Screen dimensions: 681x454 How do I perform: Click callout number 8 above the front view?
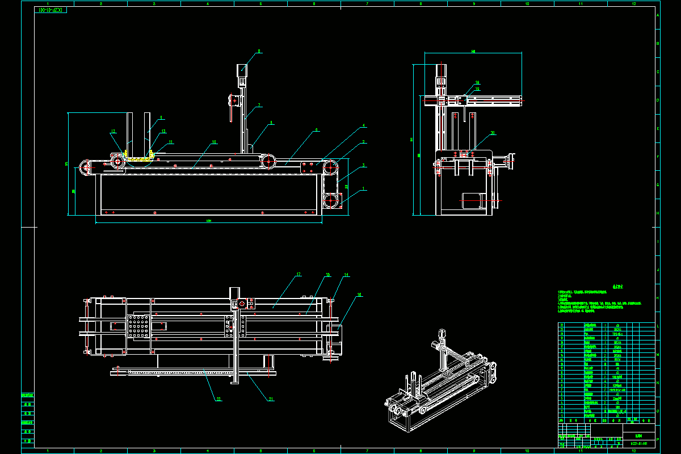259,52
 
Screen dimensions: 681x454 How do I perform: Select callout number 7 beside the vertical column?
259,105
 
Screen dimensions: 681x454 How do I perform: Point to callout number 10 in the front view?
214,142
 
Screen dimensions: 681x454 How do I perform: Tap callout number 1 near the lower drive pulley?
364,189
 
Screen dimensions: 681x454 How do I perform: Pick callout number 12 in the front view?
113,132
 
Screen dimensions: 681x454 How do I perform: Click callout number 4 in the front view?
364,125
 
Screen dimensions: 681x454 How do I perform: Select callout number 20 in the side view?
493,133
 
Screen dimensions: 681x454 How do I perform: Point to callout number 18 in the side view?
477,83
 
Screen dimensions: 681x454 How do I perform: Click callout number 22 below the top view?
218,400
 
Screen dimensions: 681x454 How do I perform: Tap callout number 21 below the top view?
271,400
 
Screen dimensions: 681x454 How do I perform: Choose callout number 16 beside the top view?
359,295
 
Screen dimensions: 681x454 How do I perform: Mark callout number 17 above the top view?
299,275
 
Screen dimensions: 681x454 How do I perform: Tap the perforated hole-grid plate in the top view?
139,327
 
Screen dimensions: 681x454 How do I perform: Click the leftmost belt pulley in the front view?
86,167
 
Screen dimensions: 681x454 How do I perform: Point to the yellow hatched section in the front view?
139,159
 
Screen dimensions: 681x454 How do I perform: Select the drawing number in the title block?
638,444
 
